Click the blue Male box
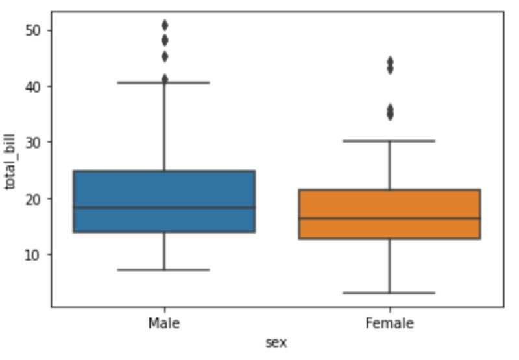[164, 201]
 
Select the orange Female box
[390, 214]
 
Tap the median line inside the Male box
[164, 208]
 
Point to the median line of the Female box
[390, 218]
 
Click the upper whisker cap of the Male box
[163, 82]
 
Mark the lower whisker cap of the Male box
[163, 270]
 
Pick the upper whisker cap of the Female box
[389, 141]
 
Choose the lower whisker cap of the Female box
[389, 293]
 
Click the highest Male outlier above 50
[165, 25]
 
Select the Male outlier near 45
[165, 57]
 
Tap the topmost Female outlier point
[391, 62]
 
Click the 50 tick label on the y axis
[33, 30]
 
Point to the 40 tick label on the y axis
[33, 87]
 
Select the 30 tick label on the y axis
[33, 143]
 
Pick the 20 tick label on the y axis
[33, 199]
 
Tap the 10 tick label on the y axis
[33, 254]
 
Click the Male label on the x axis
[164, 323]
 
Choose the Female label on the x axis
[390, 323]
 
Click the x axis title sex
[276, 343]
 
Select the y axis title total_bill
[10, 162]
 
